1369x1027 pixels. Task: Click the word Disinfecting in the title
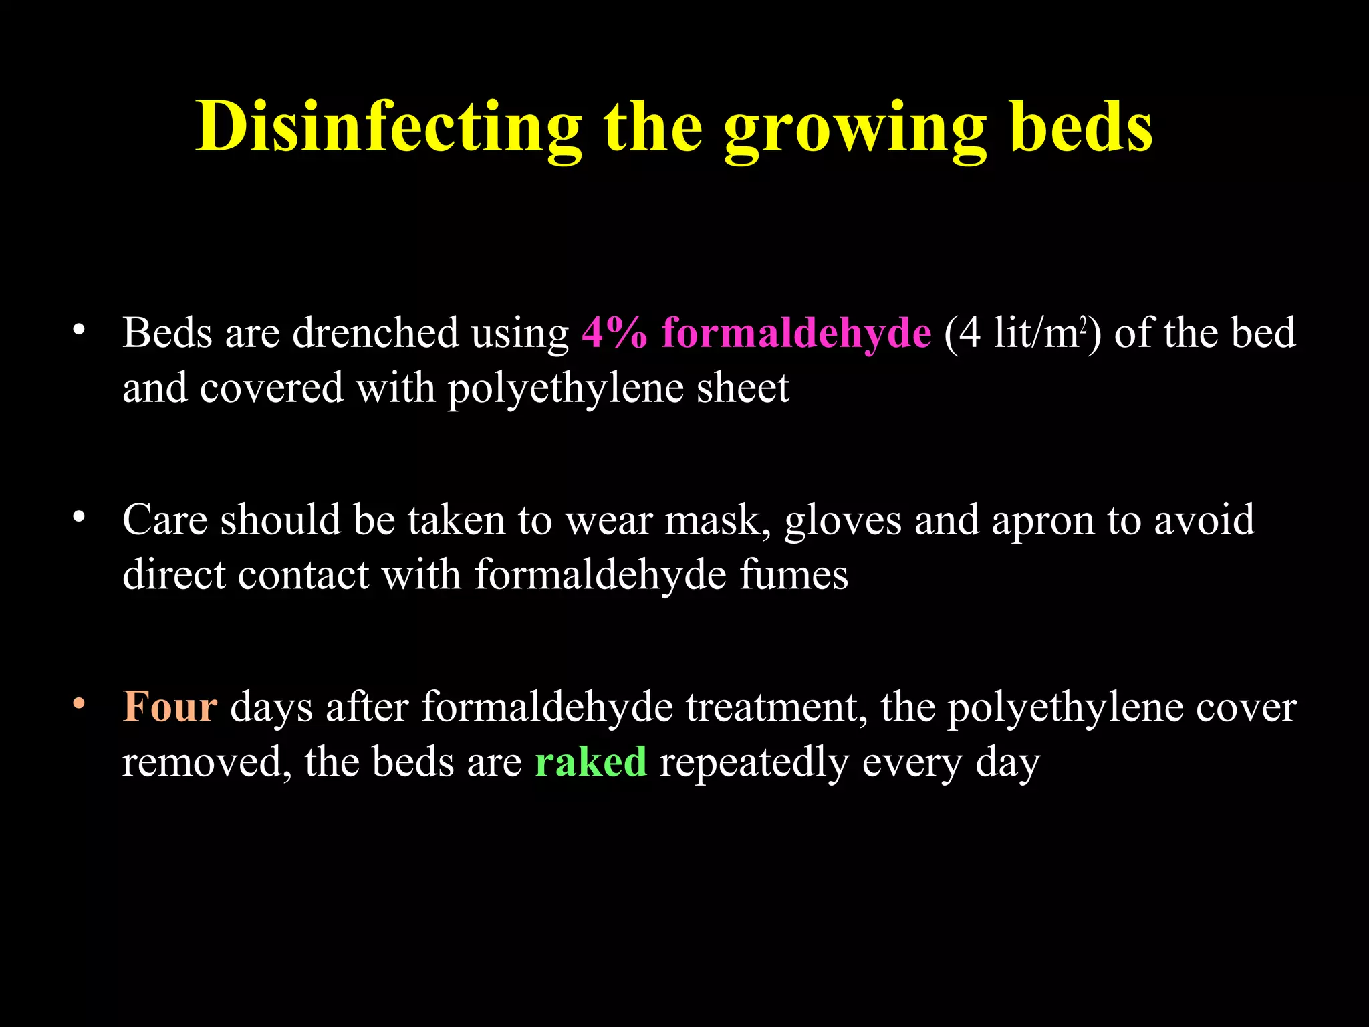point(388,127)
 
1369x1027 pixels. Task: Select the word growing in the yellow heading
point(855,130)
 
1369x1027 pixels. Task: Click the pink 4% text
point(614,332)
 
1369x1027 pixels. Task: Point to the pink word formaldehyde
point(796,332)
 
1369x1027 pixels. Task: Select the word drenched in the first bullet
point(375,332)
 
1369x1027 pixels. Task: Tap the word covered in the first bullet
point(271,388)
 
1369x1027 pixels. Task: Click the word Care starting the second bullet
point(165,520)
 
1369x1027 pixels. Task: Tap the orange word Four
point(170,707)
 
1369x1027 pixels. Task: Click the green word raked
point(591,762)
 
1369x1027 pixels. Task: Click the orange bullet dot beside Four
point(79,704)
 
